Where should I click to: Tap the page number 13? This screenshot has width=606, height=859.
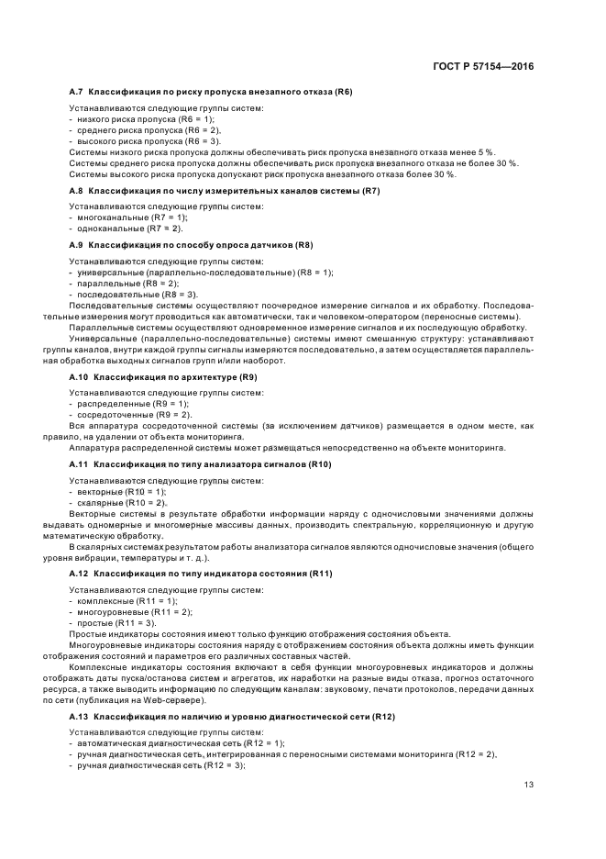(528, 784)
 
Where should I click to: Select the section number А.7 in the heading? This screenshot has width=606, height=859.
(78, 92)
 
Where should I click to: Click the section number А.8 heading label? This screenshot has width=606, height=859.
(78, 190)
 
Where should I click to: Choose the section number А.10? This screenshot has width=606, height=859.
(80, 377)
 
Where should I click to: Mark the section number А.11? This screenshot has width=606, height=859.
(80, 464)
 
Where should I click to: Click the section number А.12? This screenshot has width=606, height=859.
(80, 574)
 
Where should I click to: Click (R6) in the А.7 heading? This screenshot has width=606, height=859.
(341, 92)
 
